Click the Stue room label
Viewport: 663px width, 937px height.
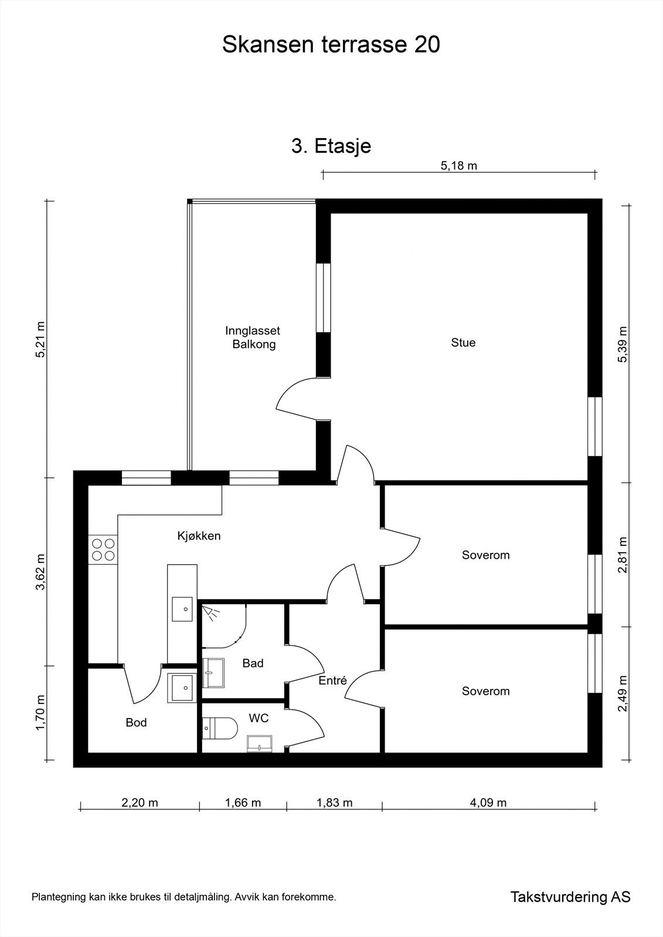(463, 343)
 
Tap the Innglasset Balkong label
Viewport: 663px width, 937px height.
(253, 338)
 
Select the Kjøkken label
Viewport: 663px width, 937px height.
(199, 535)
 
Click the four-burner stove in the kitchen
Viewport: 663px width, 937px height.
(103, 549)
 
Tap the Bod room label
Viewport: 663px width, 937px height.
(136, 723)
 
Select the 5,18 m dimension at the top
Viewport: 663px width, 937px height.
(458, 166)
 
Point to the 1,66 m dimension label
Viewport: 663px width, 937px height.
(243, 802)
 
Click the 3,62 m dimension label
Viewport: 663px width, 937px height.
(40, 572)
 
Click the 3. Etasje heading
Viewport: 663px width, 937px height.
(331, 145)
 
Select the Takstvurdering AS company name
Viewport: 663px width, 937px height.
(570, 897)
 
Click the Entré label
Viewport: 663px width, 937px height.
(332, 681)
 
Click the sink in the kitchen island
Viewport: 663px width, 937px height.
(182, 609)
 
